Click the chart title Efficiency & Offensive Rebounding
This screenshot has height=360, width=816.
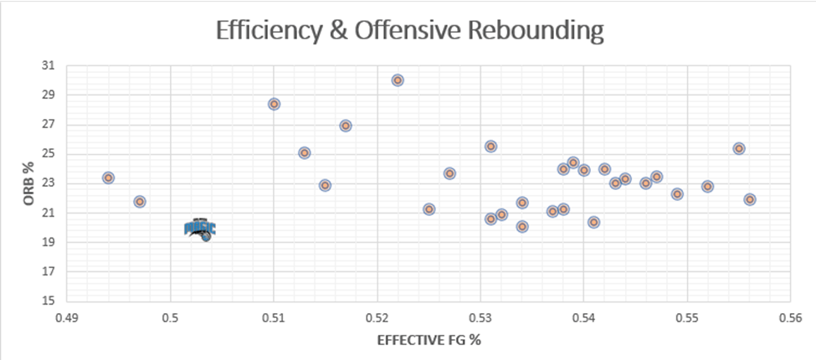point(409,30)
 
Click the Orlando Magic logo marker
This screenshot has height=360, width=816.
point(200,229)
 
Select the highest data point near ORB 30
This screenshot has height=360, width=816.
point(398,80)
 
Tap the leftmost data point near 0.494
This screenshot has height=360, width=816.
point(108,177)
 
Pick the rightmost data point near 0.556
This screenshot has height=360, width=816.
point(750,199)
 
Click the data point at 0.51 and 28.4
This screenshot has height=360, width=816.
point(274,104)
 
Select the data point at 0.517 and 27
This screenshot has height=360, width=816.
point(346,126)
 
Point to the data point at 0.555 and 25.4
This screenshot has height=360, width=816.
point(739,148)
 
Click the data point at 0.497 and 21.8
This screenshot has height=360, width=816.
point(140,201)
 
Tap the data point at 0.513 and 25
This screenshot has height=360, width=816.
point(305,152)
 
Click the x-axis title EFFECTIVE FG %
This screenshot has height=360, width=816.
point(429,339)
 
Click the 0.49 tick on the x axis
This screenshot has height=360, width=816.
point(67,317)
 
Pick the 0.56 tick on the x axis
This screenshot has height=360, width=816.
point(791,317)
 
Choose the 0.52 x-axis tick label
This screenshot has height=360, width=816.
point(377,317)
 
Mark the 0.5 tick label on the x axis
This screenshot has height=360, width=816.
point(170,317)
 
